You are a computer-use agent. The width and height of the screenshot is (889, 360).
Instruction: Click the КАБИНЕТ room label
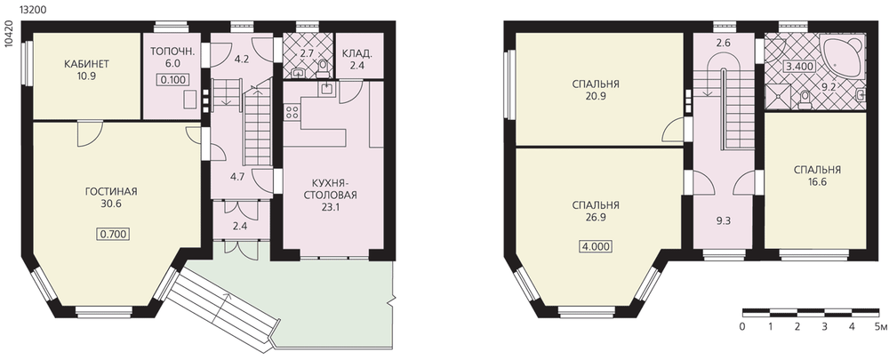pyautogui.click(x=87, y=63)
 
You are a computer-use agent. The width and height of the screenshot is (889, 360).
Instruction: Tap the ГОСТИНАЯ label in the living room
pyautogui.click(x=111, y=192)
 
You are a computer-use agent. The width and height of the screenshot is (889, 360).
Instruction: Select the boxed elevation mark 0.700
pyautogui.click(x=112, y=233)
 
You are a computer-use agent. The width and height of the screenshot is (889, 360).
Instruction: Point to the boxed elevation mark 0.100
pyautogui.click(x=173, y=79)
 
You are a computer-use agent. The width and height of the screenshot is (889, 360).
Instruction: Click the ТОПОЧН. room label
pyautogui.click(x=173, y=52)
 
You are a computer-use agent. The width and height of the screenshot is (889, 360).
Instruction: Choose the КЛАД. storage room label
pyautogui.click(x=357, y=53)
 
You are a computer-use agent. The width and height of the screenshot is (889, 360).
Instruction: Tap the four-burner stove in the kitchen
pyautogui.click(x=292, y=112)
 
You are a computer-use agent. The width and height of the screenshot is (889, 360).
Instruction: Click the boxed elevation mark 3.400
pyautogui.click(x=799, y=66)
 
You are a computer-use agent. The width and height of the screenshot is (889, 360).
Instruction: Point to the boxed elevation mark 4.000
pyautogui.click(x=596, y=246)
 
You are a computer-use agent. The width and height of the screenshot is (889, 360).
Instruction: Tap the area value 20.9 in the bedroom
pyautogui.click(x=596, y=96)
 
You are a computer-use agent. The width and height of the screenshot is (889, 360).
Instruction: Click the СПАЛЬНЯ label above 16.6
pyautogui.click(x=817, y=170)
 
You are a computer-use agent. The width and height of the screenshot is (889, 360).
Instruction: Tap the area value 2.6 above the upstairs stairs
pyautogui.click(x=722, y=42)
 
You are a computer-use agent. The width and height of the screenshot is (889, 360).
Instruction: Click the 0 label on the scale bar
pyautogui.click(x=742, y=326)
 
